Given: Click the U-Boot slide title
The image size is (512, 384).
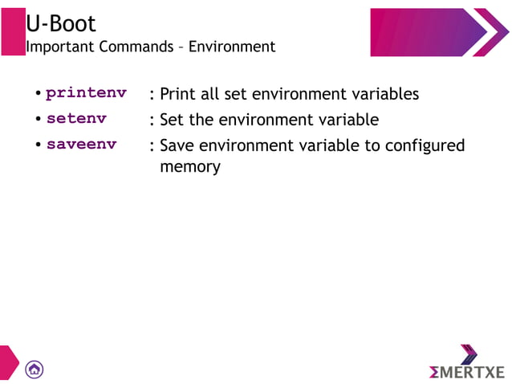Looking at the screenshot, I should click(61, 23).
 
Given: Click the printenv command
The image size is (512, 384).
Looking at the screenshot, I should click(86, 93).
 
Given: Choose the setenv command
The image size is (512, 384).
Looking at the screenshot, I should click(76, 120).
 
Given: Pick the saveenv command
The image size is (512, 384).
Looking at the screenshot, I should click(81, 145).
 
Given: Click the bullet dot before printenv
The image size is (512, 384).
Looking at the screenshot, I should click(38, 94).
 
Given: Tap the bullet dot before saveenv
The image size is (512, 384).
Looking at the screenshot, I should click(38, 146).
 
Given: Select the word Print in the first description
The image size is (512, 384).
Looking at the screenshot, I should click(178, 94).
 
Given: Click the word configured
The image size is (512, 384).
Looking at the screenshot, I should click(425, 146).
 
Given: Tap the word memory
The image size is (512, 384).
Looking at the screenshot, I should click(189, 167).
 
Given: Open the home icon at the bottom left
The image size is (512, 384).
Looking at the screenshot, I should click(35, 369).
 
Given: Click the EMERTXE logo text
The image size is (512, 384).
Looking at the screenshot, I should click(466, 372).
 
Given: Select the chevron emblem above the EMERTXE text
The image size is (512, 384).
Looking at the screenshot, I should click(469, 353).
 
